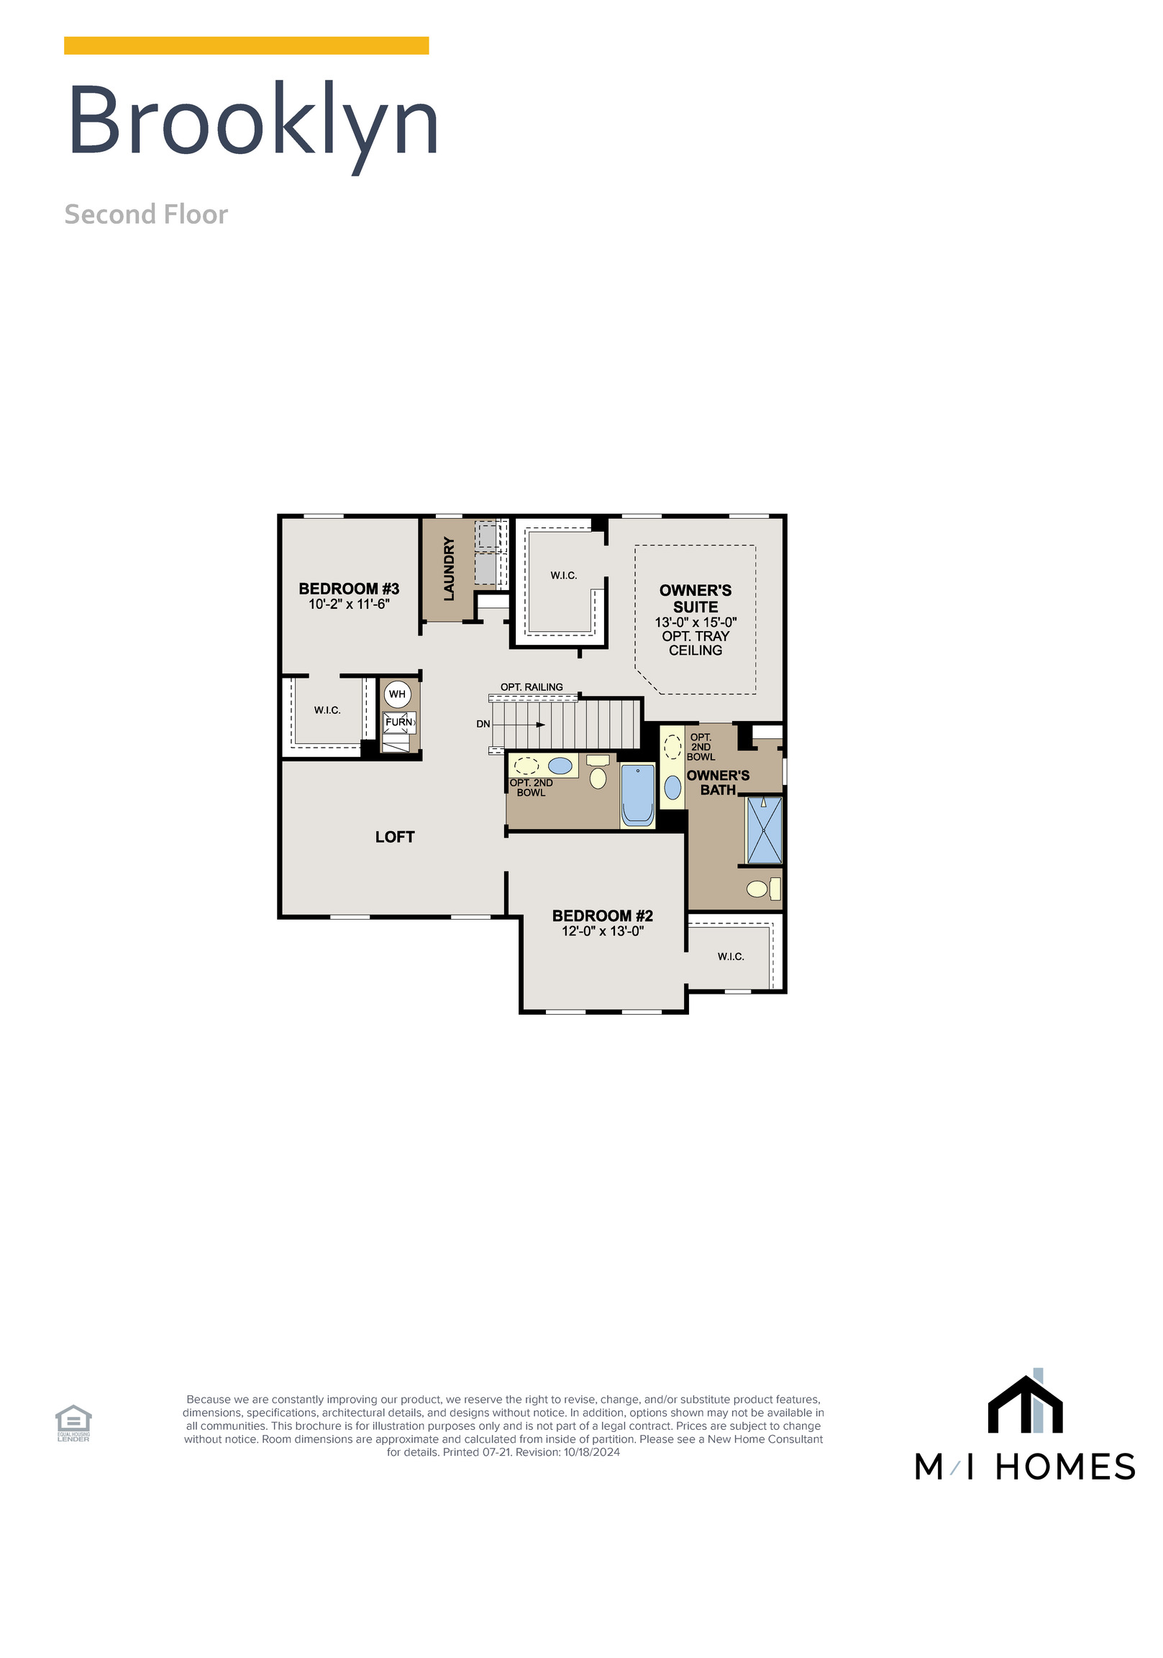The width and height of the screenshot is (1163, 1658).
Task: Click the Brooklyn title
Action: click(252, 122)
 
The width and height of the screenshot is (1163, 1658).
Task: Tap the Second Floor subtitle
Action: click(146, 214)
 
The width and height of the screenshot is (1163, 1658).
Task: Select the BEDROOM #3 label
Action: click(349, 589)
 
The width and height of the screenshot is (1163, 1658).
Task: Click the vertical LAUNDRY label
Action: click(449, 568)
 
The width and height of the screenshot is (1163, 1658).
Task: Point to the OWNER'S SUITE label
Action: click(695, 599)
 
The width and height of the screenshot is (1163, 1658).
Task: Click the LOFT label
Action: click(395, 837)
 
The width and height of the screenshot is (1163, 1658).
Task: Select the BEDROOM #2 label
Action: click(602, 915)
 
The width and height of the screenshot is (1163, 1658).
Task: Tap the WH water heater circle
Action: click(397, 694)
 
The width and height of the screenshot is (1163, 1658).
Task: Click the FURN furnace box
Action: click(399, 722)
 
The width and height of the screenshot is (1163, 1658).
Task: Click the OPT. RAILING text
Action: click(532, 687)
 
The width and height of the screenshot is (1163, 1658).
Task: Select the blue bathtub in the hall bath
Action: click(637, 795)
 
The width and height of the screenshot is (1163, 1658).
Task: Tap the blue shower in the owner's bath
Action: click(764, 830)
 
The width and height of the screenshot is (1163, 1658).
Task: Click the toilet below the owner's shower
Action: click(758, 889)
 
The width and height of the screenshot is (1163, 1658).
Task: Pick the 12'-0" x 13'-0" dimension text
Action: click(602, 931)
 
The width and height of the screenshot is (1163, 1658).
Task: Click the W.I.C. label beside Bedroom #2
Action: click(731, 957)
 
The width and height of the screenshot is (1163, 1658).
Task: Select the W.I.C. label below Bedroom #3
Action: click(327, 710)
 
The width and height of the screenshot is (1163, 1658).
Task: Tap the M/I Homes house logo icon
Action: click(1024, 1404)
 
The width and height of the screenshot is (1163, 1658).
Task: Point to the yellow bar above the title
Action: click(246, 45)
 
